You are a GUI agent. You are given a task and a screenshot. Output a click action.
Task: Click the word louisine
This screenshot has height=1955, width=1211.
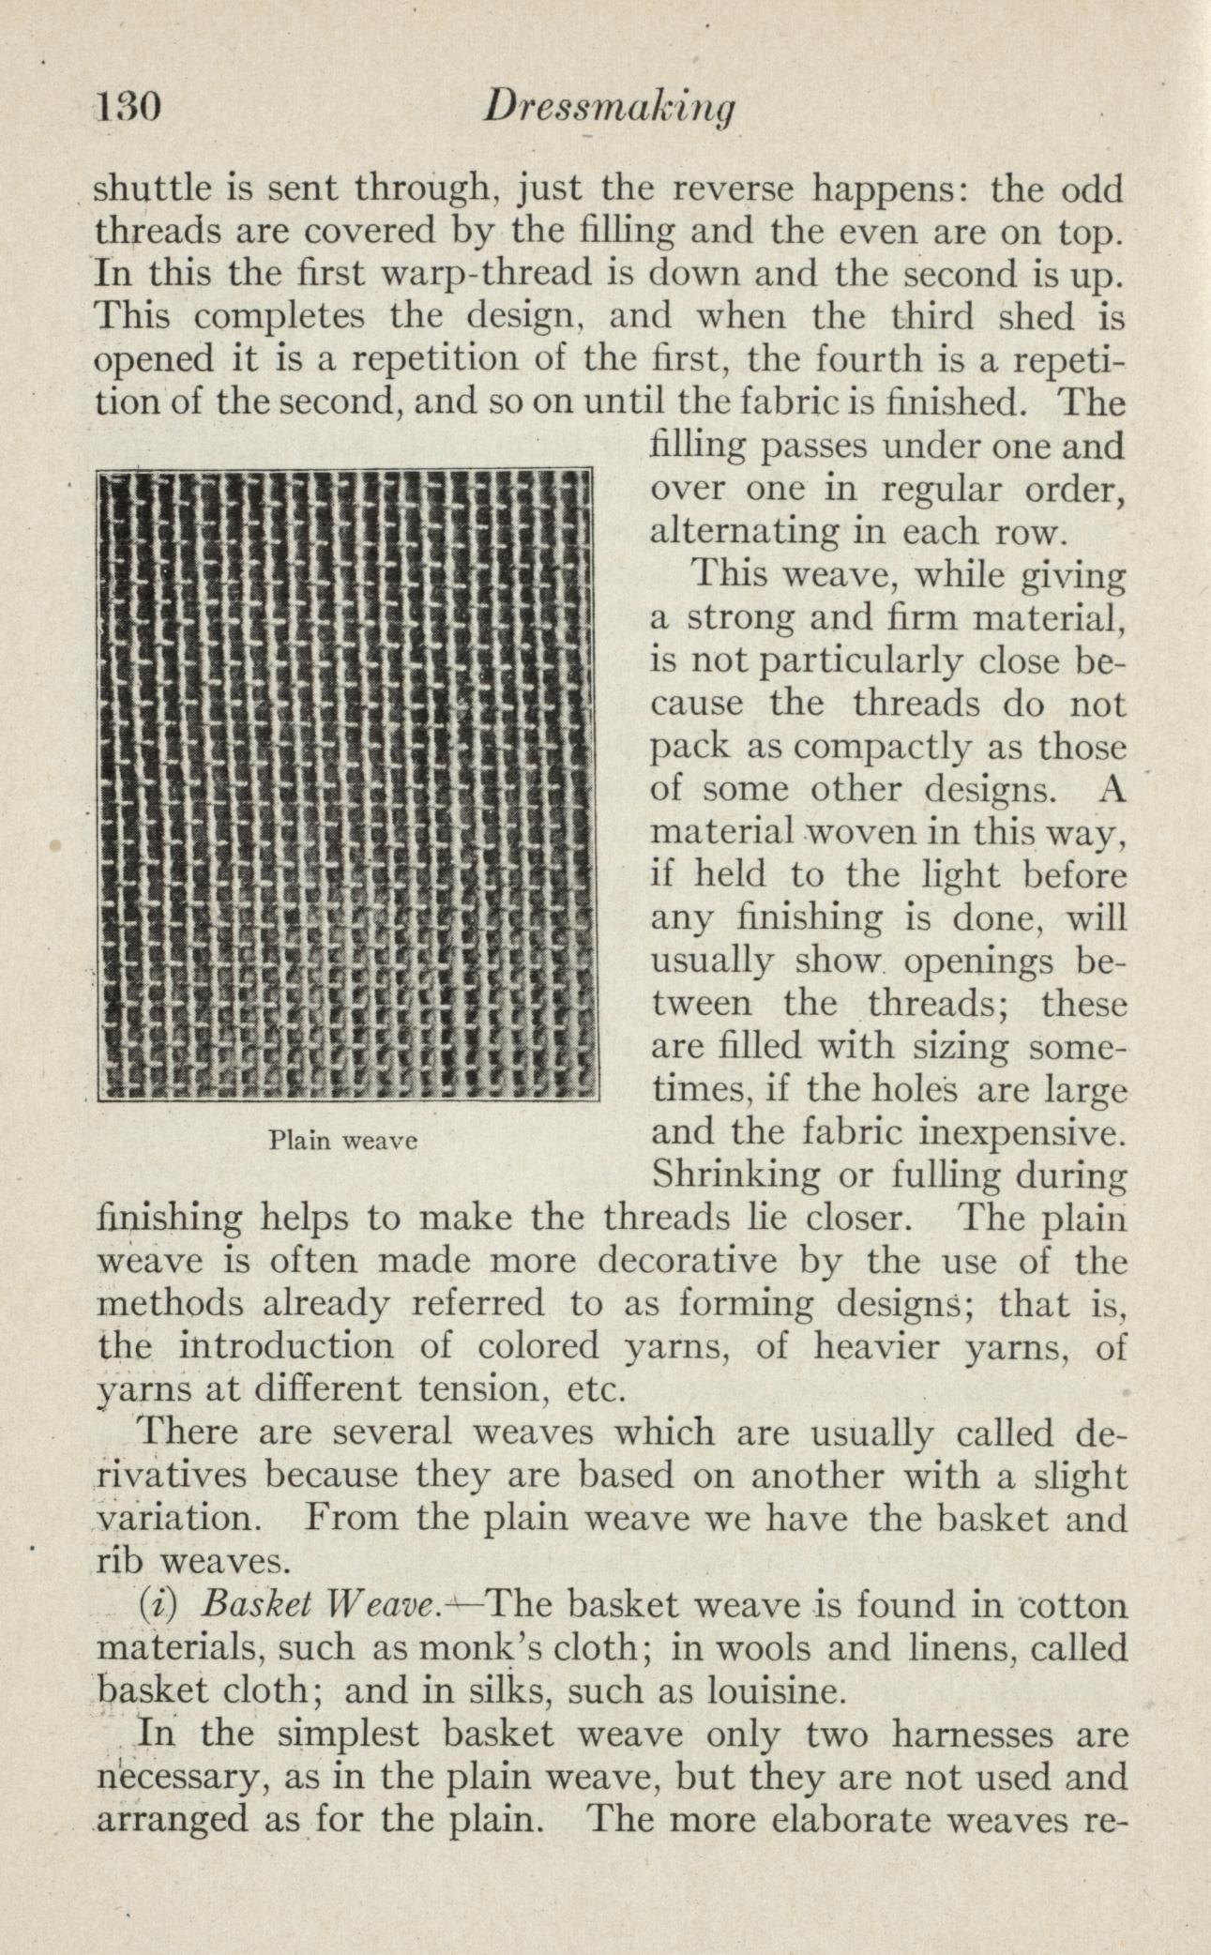[x=774, y=1690]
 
